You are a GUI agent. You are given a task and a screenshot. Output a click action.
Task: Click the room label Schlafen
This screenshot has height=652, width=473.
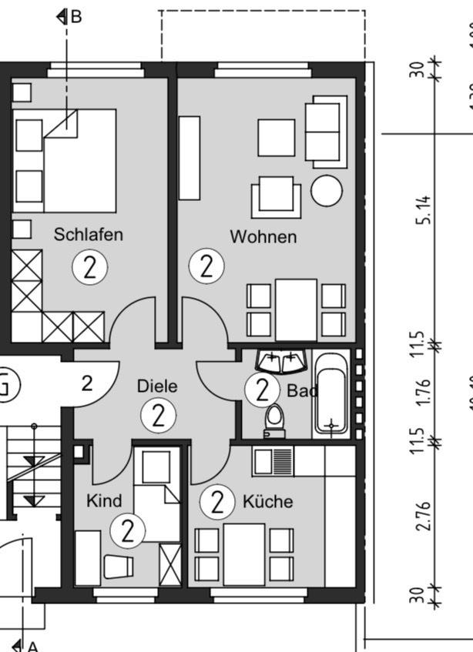(88, 234)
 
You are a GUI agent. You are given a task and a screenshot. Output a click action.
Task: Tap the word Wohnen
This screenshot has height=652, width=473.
(263, 236)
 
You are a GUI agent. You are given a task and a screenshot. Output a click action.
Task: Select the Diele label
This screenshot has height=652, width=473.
(156, 386)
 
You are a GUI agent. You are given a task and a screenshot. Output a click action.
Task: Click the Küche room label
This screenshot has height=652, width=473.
(267, 502)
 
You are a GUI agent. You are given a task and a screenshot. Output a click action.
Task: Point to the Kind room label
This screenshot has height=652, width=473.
(103, 501)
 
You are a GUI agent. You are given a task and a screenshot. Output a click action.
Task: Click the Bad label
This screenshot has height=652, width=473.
(302, 391)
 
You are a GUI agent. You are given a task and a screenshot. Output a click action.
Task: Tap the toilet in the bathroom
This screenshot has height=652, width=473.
(273, 419)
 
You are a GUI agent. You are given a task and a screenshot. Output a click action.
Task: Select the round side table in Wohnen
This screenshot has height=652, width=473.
(327, 190)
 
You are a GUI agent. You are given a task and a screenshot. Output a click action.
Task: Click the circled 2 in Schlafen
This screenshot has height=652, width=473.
(89, 268)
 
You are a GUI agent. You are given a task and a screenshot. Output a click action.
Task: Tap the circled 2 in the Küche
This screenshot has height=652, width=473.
(216, 503)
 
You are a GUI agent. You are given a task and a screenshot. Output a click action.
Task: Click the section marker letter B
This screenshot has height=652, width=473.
(75, 16)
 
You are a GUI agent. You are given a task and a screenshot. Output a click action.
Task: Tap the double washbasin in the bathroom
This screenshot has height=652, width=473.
(281, 360)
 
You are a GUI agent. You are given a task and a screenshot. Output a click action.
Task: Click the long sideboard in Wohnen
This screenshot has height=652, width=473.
(189, 158)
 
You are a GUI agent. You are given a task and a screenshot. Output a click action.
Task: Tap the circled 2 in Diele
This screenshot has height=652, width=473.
(158, 416)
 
